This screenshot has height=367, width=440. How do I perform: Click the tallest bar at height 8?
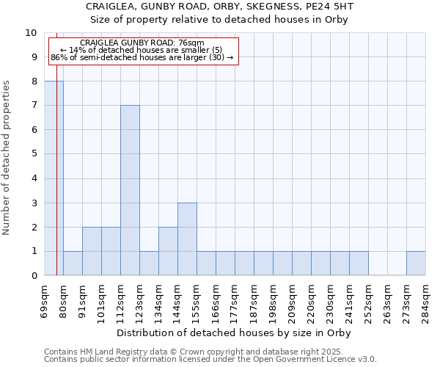54,178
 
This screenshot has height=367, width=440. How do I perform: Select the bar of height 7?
130,190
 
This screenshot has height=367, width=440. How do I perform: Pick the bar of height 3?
187,239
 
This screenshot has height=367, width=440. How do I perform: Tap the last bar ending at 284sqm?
416,263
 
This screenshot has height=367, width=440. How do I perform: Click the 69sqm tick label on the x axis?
45,301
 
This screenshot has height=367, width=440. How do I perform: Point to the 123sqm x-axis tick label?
140,301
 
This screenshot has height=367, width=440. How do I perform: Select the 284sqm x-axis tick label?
426,301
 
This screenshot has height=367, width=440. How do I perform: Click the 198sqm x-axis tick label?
274,301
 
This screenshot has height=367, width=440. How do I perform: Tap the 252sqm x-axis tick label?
369,301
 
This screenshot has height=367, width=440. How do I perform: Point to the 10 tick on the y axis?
31,33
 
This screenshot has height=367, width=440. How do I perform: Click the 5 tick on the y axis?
34,154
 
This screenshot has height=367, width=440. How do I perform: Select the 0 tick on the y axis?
34,275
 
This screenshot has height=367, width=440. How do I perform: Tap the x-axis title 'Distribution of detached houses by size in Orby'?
235,333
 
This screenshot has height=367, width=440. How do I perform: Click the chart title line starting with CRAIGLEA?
220,7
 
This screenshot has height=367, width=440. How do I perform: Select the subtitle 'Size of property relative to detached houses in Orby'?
220,19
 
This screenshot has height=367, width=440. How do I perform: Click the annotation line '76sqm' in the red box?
142,43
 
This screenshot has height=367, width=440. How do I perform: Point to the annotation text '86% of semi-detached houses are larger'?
142,57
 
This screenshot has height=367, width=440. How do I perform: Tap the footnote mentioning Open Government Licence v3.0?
210,360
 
